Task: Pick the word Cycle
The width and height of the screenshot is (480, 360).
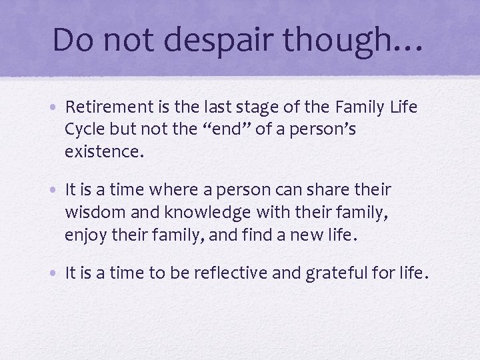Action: pyautogui.click(x=84, y=129)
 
